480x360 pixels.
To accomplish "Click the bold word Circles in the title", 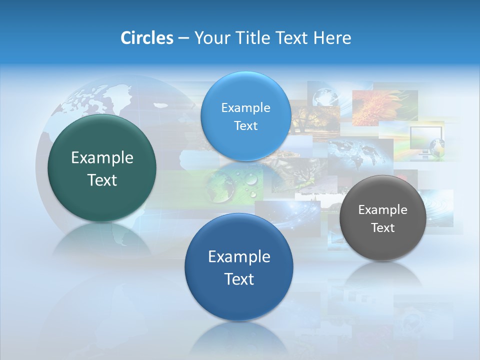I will [146, 38].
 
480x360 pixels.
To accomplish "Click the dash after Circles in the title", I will [183, 38].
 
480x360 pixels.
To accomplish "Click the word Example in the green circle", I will [102, 158].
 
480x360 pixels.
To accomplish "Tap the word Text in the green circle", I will [102, 180].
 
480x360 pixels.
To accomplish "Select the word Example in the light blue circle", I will [245, 107].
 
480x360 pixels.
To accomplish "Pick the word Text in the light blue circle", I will [245, 125].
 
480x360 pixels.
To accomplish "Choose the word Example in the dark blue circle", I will [239, 257].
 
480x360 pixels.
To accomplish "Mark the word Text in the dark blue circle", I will [239, 279].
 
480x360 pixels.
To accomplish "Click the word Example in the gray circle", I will [382, 210].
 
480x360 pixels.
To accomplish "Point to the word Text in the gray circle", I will [382, 228].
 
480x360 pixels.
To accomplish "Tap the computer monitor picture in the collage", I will [426, 141].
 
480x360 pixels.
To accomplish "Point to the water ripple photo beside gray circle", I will [439, 210].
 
